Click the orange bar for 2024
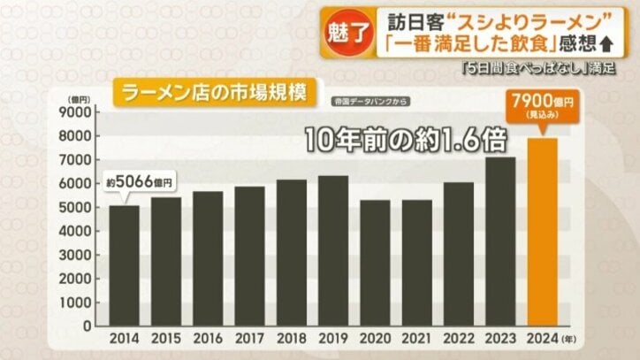coord(542,232)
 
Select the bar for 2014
coord(124,265)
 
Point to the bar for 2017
coord(248,256)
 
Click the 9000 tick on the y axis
coord(76,112)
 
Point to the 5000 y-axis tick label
coord(76,207)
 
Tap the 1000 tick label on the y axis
coord(76,302)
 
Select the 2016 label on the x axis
coord(207,339)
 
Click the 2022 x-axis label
coord(458,339)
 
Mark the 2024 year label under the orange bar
coord(542,339)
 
